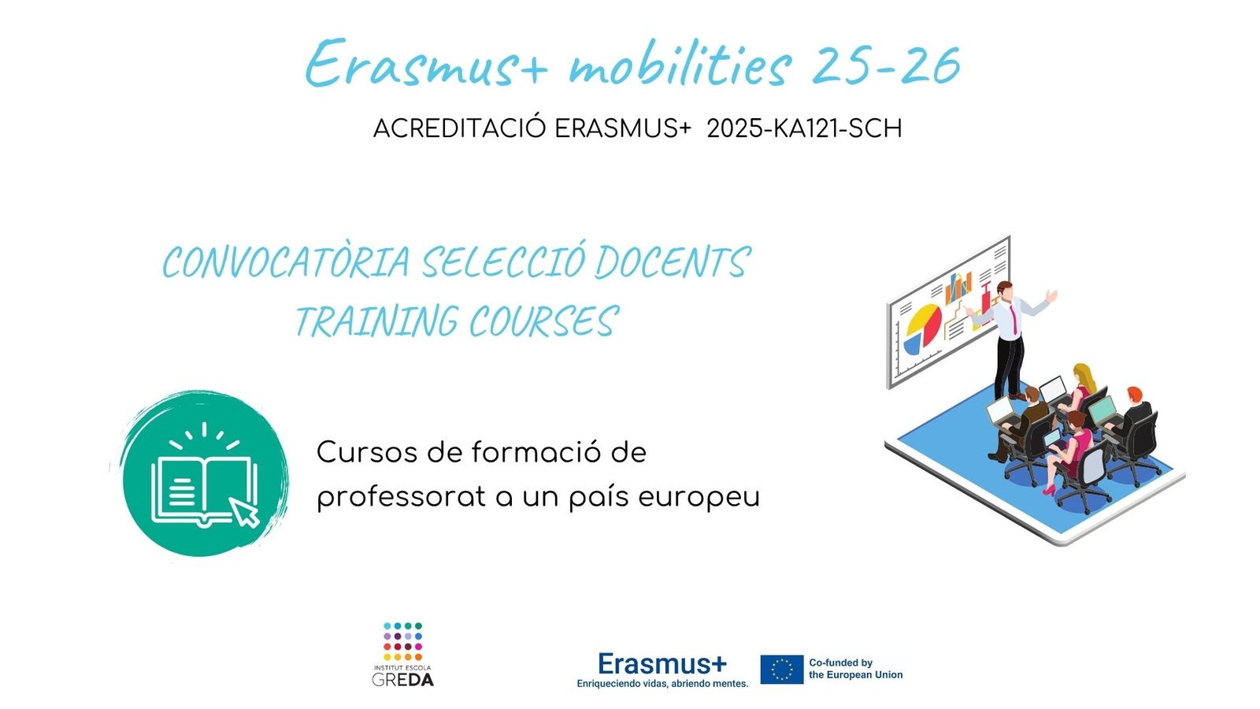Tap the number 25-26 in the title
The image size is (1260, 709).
887,65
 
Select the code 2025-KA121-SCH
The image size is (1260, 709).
804,129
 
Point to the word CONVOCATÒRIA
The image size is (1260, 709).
287,262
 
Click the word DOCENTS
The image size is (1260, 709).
673,262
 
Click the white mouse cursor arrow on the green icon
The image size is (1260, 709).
246,511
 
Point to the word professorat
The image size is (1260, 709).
401,497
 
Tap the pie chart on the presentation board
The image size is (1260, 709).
922,329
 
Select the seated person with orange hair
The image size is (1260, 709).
1131,410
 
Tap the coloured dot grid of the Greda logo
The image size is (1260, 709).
402,641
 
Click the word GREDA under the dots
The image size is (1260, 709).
402,680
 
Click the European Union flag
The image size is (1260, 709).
782,669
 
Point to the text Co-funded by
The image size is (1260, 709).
840,663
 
